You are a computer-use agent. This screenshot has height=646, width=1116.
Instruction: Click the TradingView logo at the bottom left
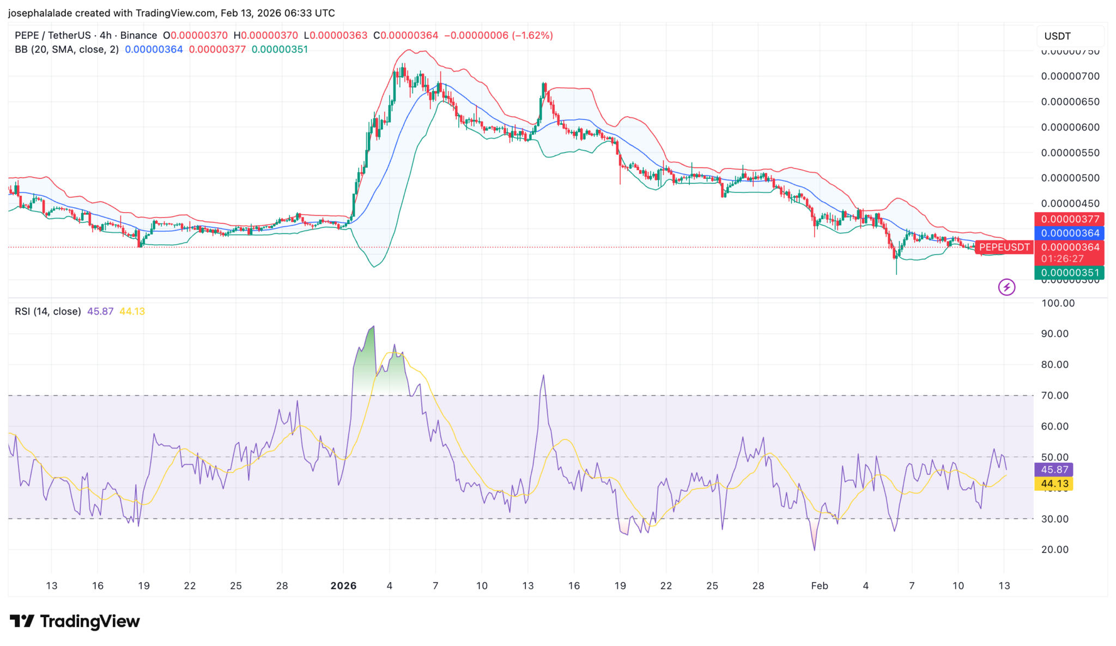(75, 621)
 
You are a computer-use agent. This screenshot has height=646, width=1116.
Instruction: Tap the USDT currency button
(1057, 36)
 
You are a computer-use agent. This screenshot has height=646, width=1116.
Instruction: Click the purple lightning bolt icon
(1006, 287)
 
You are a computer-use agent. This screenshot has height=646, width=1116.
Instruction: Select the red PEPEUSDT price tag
(1004, 247)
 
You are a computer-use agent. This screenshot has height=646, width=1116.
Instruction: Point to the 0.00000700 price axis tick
(1070, 76)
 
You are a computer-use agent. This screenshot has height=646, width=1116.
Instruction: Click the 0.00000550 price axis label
(1070, 153)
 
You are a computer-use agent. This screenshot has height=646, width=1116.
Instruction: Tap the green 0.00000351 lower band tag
(1069, 273)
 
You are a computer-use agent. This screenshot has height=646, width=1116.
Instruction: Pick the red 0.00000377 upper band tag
(1069, 219)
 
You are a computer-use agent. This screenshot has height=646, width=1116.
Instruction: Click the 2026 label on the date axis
(343, 585)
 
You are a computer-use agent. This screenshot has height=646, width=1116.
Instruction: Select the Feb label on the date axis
(819, 585)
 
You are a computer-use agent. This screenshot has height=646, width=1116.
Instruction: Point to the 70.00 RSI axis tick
(1054, 395)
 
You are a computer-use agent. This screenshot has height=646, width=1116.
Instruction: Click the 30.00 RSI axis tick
(1054, 518)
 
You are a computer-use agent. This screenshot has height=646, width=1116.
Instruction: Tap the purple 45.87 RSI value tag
(1054, 469)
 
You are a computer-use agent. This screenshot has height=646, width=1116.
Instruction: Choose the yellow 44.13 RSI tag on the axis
(1054, 484)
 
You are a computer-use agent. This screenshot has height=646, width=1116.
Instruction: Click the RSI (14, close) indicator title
(47, 311)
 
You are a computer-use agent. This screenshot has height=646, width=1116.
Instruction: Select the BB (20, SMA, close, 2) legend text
(66, 50)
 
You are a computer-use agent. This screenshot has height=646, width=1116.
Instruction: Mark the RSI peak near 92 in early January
(373, 327)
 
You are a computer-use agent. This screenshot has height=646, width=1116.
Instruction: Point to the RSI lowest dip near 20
(815, 549)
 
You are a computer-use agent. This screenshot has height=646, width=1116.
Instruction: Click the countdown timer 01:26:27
(1062, 258)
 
